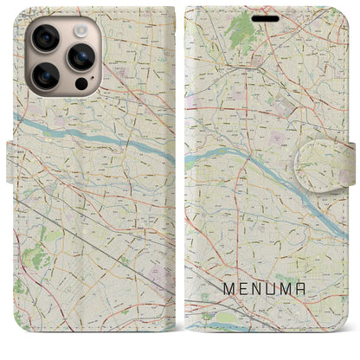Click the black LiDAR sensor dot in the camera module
point(80,84)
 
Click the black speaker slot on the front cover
point(266,17)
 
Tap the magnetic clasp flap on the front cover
point(338,165)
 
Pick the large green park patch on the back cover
point(35,256)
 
